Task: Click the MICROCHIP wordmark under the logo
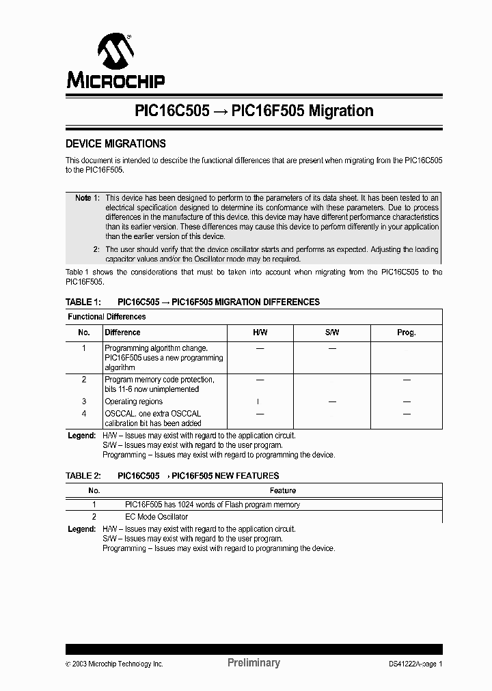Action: tap(115, 81)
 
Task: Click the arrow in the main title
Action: tap(220, 111)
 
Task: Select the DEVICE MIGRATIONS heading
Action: tap(115, 144)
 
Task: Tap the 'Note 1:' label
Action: tap(87, 197)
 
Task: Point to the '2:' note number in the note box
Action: tap(96, 249)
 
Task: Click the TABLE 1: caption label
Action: tap(83, 302)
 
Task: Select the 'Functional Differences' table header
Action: tap(107, 317)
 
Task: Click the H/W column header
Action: tap(260, 333)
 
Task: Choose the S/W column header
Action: tap(332, 333)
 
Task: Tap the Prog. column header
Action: tap(406, 333)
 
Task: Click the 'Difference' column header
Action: tap(122, 333)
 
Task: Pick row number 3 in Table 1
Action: tap(84, 401)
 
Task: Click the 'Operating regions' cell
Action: tap(133, 401)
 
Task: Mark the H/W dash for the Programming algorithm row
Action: tap(260, 348)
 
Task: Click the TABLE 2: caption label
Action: tap(83, 476)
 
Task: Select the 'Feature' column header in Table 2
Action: tap(282, 491)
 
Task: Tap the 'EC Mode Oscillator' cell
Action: tap(156, 517)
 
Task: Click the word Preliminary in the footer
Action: tap(253, 663)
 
